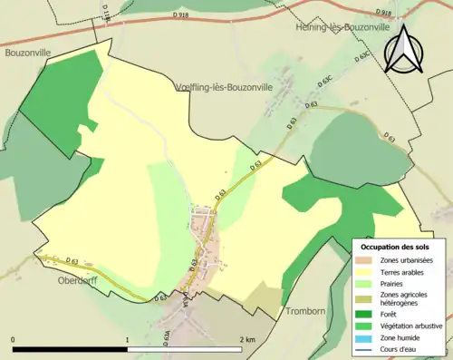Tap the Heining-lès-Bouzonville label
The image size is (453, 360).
pyautogui.click(x=342, y=28)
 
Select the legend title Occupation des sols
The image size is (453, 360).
pyautogui.click(x=395, y=246)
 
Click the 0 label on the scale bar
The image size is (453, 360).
pyautogui.click(x=14, y=340)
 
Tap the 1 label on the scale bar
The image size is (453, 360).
pyautogui.click(x=128, y=340)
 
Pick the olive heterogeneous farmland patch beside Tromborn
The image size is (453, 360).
pyautogui.click(x=265, y=297)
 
